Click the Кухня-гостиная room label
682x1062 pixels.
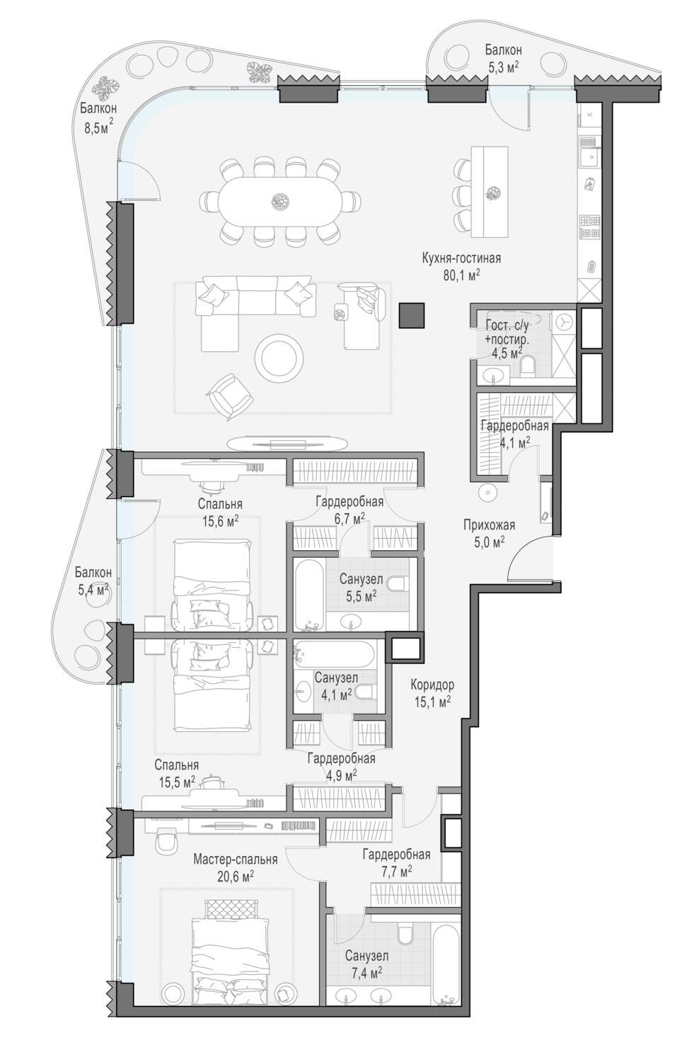461,258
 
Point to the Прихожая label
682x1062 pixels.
489,525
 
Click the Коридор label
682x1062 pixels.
432,685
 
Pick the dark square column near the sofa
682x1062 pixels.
412,315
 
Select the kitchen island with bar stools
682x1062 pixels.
490,192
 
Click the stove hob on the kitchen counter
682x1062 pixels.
589,227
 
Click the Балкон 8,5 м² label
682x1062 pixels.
98,118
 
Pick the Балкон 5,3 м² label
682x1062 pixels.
504,59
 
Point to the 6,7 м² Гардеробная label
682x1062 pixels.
349,510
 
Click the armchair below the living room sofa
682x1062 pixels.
231,396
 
